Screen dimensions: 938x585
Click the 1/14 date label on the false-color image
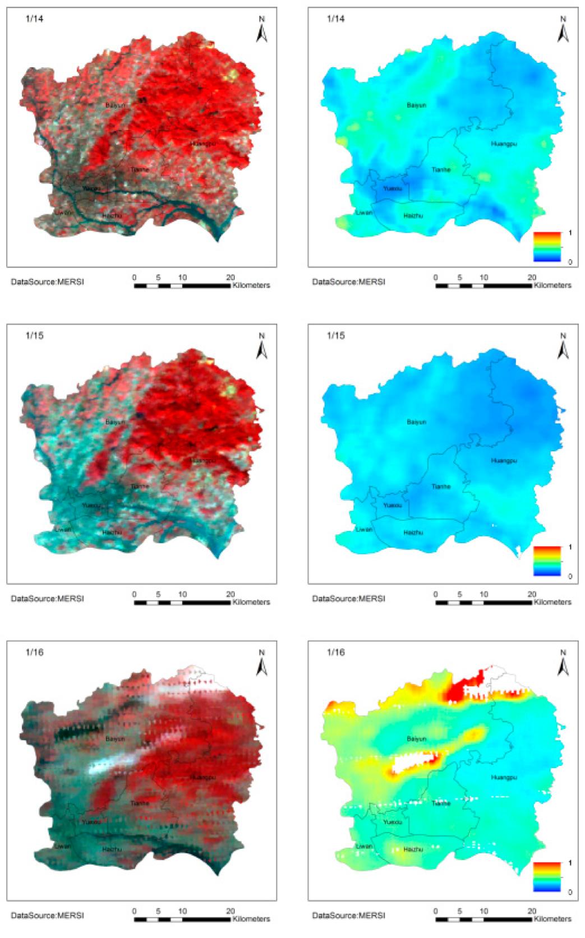click(34, 19)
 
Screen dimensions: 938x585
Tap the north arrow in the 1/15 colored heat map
click(563, 346)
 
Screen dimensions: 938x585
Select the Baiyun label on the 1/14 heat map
click(416, 105)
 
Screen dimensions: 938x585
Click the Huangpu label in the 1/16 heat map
click(504, 778)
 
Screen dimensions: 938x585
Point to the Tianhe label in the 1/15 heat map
click(441, 487)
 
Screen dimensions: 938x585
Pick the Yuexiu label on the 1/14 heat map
click(392, 188)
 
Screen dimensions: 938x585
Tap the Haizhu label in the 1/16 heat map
click(413, 849)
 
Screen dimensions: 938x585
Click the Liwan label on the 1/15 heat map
click(364, 529)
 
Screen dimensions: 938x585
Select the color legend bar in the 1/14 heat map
click(547, 247)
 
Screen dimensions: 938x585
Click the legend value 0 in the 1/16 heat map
click(570, 892)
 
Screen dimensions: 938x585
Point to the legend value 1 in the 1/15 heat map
click(570, 547)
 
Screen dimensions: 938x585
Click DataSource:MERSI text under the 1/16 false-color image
click(47, 915)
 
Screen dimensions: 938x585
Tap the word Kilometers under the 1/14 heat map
click(552, 285)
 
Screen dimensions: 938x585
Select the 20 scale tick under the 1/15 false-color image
click(231, 594)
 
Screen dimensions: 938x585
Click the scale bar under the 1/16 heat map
click(483, 919)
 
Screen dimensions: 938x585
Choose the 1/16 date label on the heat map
click(335, 652)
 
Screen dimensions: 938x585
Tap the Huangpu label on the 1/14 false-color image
click(202, 144)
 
